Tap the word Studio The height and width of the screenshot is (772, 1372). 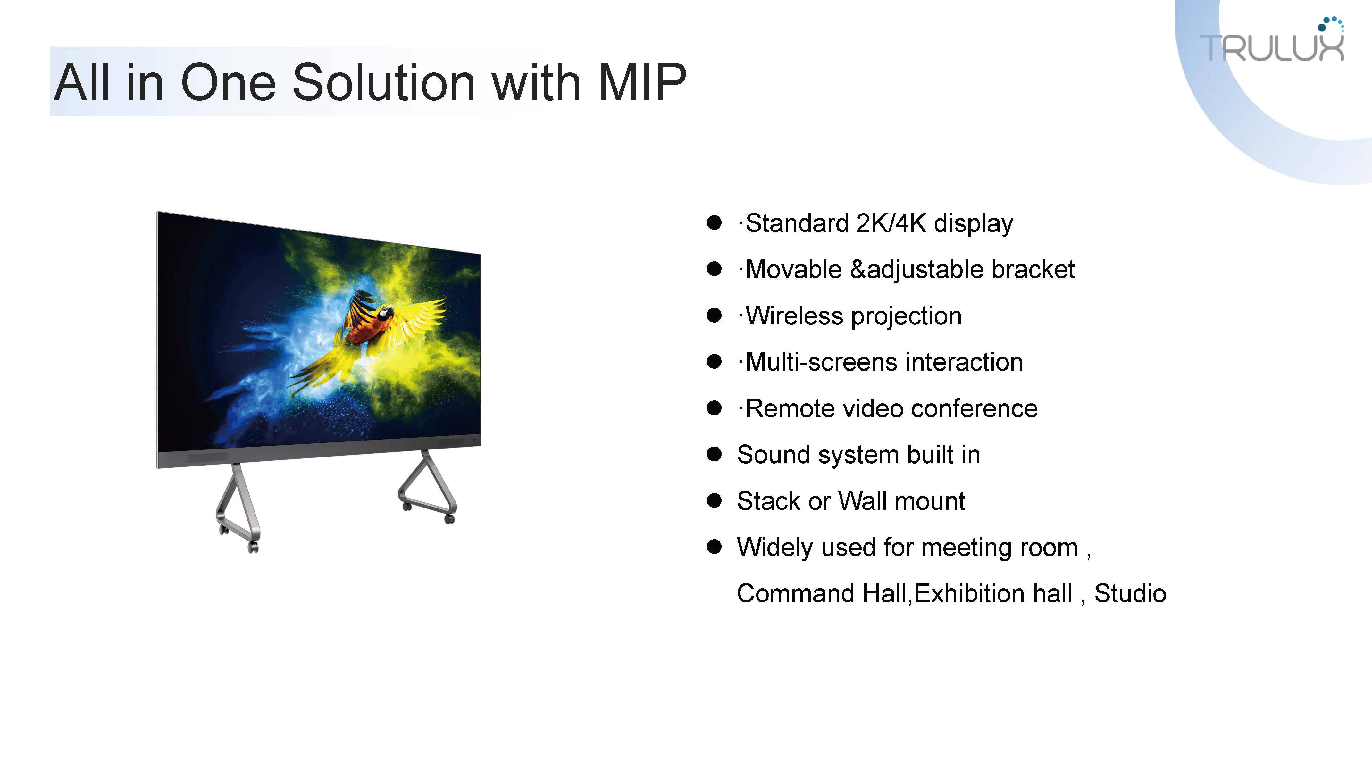click(x=1130, y=593)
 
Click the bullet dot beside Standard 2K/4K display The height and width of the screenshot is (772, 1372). click(x=714, y=223)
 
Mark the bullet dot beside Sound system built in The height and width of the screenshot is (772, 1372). click(x=714, y=455)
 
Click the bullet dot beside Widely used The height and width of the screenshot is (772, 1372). click(x=714, y=547)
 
